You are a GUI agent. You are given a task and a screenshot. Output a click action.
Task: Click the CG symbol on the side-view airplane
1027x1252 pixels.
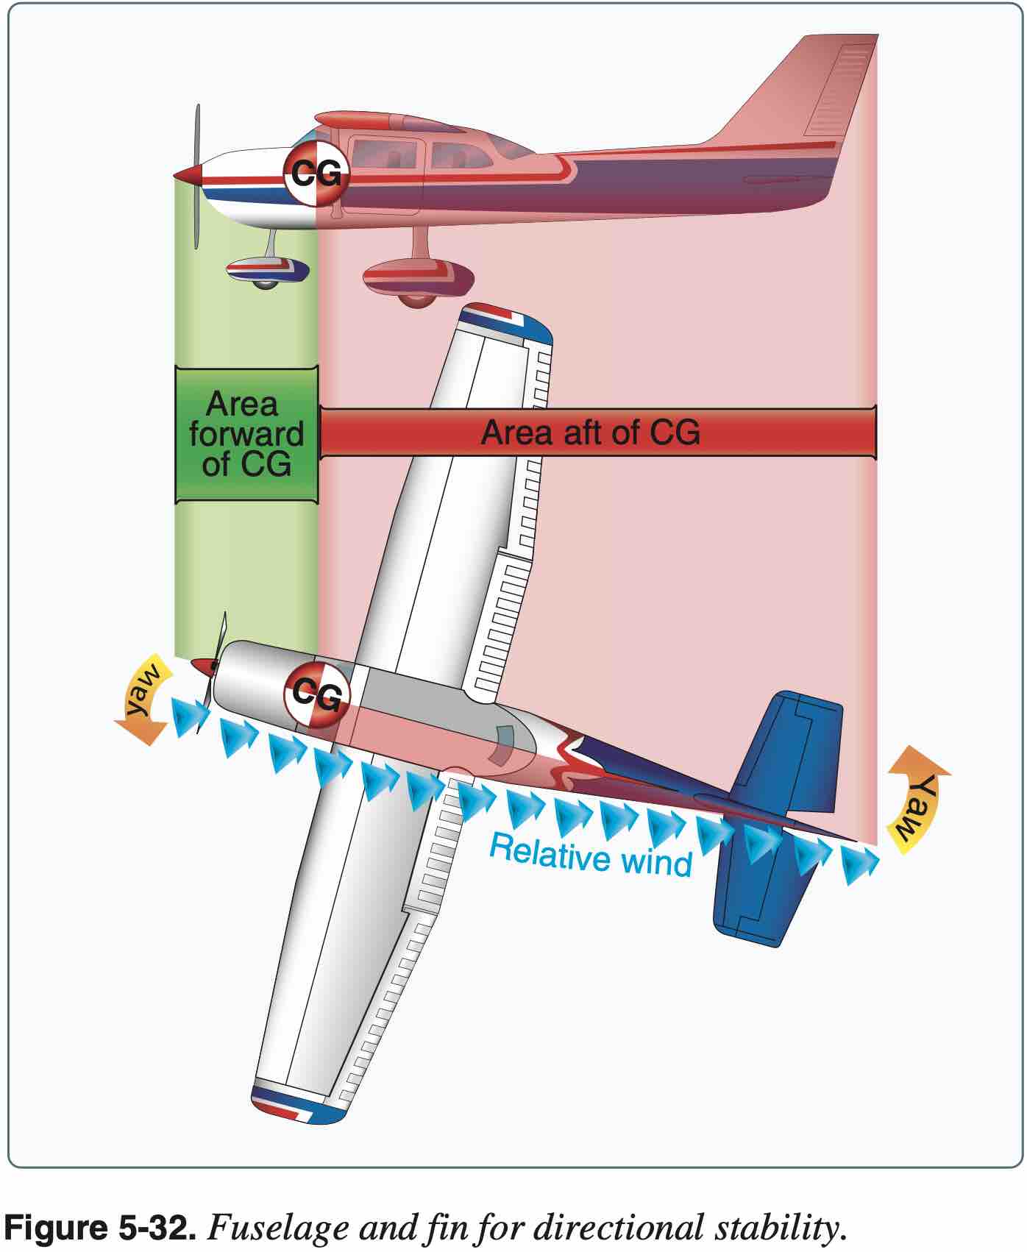pyautogui.click(x=316, y=175)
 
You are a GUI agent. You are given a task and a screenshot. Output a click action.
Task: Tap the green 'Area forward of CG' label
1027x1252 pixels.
pyautogui.click(x=246, y=434)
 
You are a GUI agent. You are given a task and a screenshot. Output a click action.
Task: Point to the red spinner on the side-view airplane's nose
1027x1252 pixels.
pyautogui.click(x=190, y=175)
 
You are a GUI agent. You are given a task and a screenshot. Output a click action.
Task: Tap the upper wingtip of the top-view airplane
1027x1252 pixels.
pyautogui.click(x=506, y=322)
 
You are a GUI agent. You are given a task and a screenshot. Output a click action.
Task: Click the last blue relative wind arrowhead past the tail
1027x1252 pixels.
pyautogui.click(x=859, y=862)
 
